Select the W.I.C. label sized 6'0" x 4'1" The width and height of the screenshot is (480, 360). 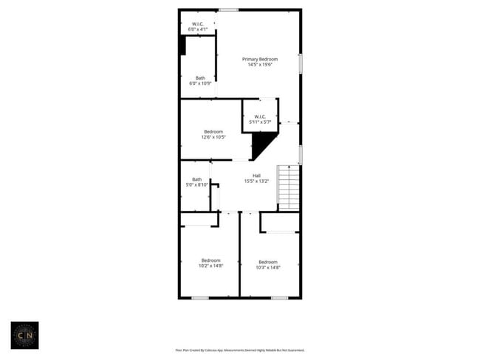click(x=198, y=24)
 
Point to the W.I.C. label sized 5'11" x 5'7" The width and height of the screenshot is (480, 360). click(x=260, y=117)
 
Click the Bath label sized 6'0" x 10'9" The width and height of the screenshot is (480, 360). click(x=200, y=78)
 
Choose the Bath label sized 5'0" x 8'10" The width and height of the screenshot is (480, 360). click(x=196, y=179)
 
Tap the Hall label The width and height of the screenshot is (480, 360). click(x=256, y=176)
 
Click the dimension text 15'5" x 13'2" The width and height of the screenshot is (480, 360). click(x=256, y=181)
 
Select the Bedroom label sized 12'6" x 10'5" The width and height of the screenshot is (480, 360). click(x=213, y=132)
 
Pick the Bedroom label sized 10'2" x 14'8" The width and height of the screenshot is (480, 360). click(x=210, y=260)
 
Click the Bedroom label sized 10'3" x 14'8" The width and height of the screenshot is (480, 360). click(x=267, y=262)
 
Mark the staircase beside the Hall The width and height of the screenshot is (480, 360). click(x=289, y=187)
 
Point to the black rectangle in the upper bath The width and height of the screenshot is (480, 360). click(x=182, y=45)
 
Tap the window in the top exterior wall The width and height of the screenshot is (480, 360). click(x=228, y=10)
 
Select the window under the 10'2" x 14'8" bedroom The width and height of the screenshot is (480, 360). click(x=199, y=297)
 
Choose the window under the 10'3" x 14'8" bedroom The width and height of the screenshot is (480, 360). click(x=278, y=297)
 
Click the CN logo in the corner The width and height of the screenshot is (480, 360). click(x=24, y=335)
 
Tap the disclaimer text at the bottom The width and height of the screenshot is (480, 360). click(x=239, y=350)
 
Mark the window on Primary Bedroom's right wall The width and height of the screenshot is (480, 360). click(x=300, y=63)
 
